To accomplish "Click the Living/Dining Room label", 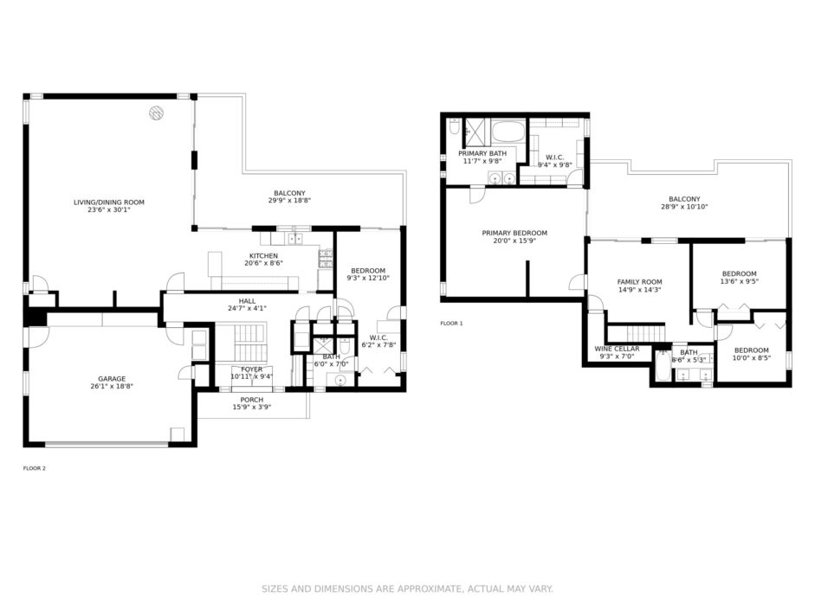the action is coord(108,202).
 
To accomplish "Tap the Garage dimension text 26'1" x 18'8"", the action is coord(112,386).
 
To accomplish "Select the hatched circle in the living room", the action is coord(156,112).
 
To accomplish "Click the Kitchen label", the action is coord(263,256).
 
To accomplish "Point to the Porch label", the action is coord(251,400).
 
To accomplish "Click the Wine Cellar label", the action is coord(617,349).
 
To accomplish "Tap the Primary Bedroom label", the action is coord(514,233).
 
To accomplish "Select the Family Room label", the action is coord(639,282).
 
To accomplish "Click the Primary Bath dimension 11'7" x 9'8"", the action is coord(482,161).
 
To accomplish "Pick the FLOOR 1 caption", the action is coord(451,324).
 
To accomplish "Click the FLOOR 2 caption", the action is coord(35,468).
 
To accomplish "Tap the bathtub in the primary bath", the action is coord(508,132).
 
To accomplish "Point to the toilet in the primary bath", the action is coord(455,127).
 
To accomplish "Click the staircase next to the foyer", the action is coord(249,343).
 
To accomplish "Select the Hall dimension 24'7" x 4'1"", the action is coord(247,308).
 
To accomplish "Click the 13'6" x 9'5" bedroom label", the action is coord(739,278).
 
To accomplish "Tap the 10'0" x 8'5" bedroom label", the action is coord(752,354).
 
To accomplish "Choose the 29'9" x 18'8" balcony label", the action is coord(289,196).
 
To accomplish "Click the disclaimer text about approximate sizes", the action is coord(407,588).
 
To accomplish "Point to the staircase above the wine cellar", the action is coord(637,333).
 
